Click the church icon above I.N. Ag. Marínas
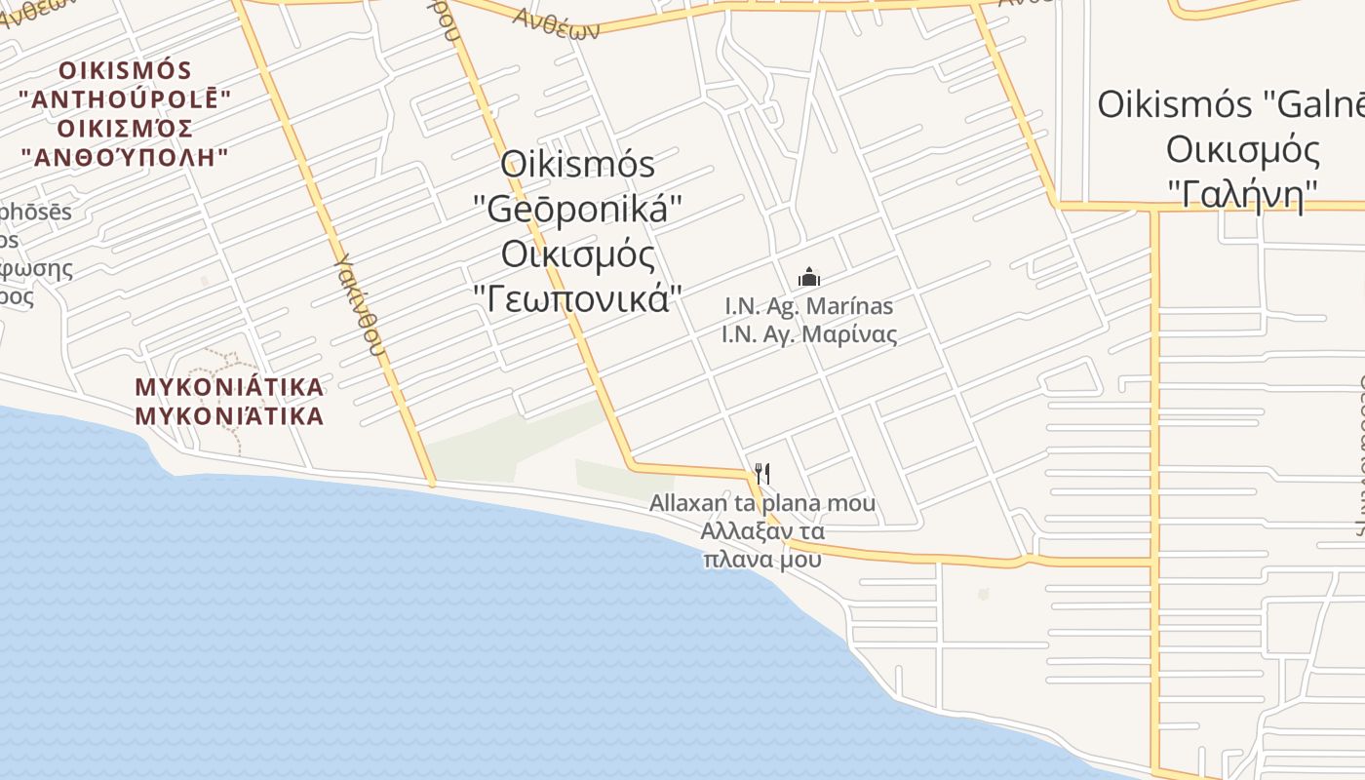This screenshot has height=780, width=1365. pos(809,278)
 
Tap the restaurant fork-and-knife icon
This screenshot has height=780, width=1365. pos(762,475)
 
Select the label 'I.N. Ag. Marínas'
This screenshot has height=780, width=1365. pos(809,306)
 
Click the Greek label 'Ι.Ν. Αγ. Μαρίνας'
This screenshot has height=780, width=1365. pos(809,334)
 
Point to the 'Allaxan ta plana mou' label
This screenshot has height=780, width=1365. pos(762,504)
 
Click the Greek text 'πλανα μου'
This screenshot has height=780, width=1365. pos(762,560)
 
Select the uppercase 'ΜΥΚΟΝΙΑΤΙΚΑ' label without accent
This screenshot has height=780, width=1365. pos(229,387)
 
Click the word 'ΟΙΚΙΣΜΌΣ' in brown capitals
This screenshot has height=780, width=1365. pos(125,70)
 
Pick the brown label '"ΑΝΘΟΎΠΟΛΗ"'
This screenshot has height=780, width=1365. pos(125,157)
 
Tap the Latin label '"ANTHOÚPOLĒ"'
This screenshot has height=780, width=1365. pos(125,99)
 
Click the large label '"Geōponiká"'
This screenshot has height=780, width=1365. pos(577,208)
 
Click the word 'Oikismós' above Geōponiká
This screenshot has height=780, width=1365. pos(577,164)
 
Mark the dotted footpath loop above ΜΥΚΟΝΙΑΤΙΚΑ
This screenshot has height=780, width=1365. pos(229,361)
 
